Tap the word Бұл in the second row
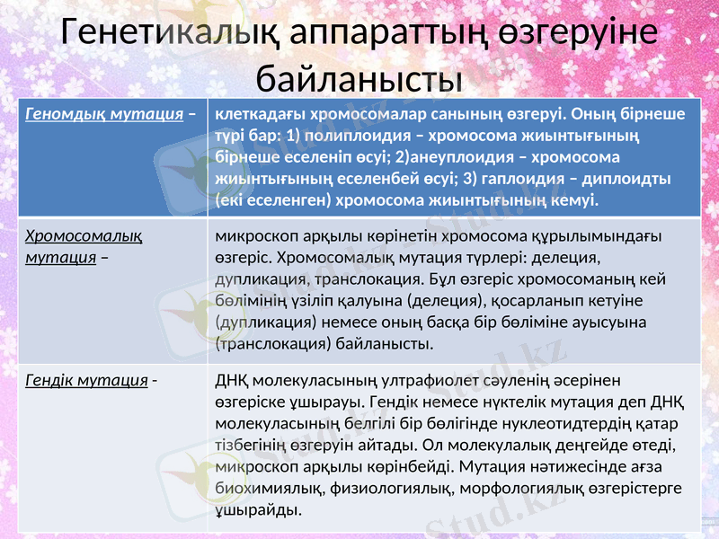457,278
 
